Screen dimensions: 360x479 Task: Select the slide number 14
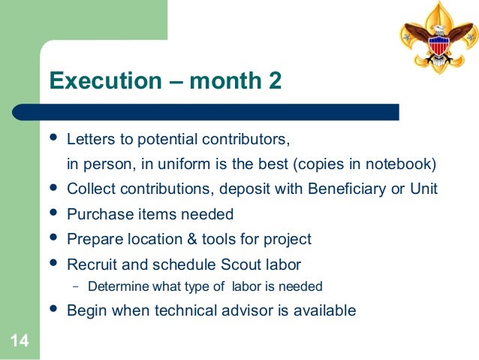[x=20, y=342]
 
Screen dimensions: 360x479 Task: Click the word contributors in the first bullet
[x=245, y=141]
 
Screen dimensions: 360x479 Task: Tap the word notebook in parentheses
[x=402, y=165]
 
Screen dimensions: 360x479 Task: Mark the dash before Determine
[x=75, y=286]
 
